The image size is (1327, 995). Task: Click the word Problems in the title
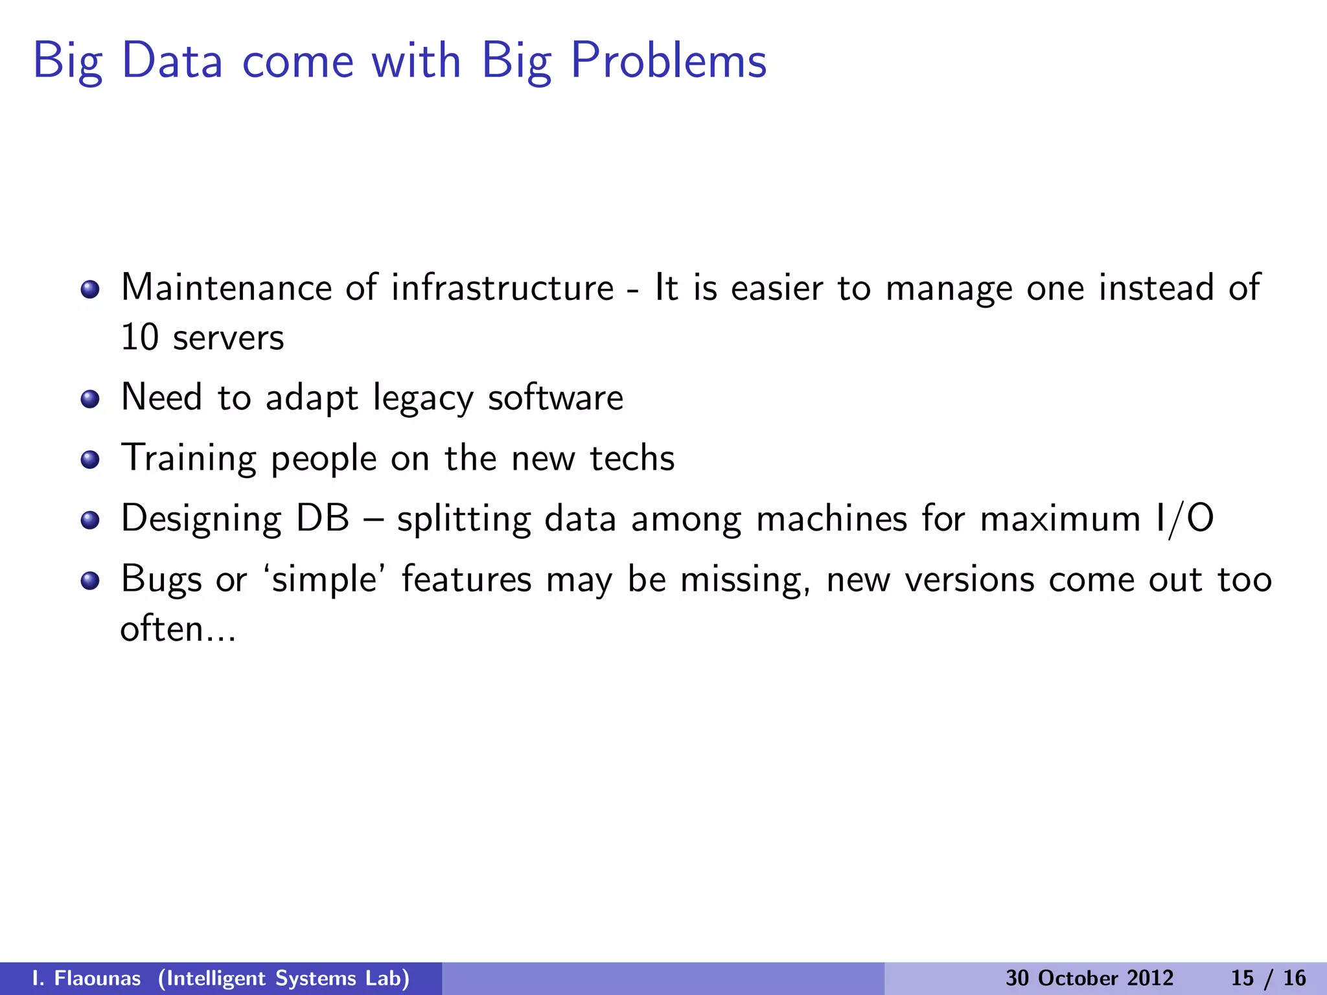[x=668, y=62]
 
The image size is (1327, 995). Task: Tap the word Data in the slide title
[x=172, y=62]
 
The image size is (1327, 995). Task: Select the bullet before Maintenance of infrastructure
[x=90, y=289]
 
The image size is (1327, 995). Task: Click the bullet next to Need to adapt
[x=90, y=399]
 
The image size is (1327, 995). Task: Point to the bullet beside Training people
[x=90, y=460]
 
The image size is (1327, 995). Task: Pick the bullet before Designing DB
[x=90, y=520]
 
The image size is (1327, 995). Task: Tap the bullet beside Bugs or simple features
[x=90, y=580]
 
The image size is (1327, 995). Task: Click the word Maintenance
[x=226, y=288]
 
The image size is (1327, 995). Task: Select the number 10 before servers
[x=139, y=337]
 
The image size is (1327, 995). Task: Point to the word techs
[x=632, y=459]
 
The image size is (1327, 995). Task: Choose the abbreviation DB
[x=322, y=519]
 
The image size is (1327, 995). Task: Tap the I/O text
[x=1184, y=519]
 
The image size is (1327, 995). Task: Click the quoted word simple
[x=324, y=580]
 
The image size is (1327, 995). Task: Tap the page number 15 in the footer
[x=1242, y=978]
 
